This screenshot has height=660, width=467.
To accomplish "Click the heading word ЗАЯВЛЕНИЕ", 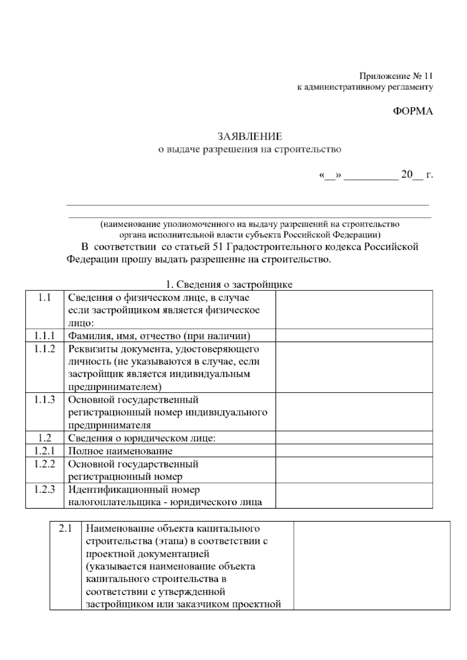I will click(249, 137).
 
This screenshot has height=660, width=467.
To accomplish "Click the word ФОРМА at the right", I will click(413, 111).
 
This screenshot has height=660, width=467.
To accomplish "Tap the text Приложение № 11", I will click(396, 75).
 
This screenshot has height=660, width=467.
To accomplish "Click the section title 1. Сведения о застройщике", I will click(229, 284).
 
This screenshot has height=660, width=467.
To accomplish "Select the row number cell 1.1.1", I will click(45, 335).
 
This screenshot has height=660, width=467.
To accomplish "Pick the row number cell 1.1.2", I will click(45, 349).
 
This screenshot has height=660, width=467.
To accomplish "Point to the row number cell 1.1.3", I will click(45, 399).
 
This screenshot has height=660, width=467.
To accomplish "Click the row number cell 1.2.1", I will click(45, 451).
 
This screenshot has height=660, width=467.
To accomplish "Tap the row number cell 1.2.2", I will click(45, 464).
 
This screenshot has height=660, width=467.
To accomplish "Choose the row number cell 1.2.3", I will click(45, 489).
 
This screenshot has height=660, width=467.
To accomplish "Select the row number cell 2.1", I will click(66, 528).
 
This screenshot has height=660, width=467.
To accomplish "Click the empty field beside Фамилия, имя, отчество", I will click(354, 335).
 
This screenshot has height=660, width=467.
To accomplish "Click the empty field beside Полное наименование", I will click(354, 451).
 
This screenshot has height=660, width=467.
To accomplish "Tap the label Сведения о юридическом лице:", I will click(142, 438).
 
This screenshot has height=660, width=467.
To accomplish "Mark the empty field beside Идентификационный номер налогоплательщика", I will click(354, 495).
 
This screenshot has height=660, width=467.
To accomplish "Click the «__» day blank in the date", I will click(330, 175).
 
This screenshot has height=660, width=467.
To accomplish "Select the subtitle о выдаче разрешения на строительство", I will click(249, 149).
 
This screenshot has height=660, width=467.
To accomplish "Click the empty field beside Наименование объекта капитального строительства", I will click(372, 565).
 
